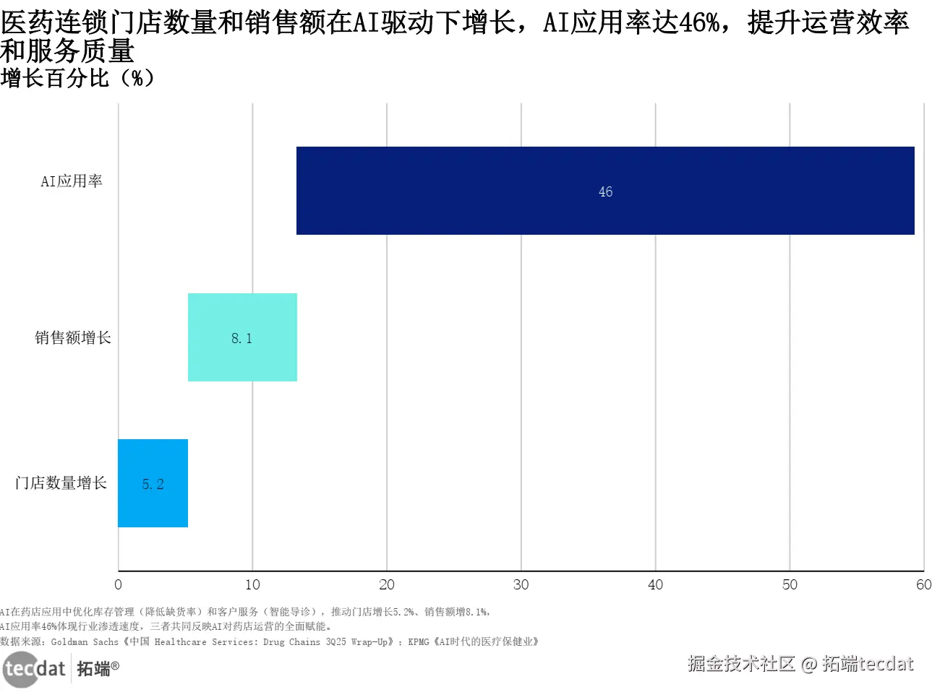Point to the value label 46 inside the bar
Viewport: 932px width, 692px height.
click(605, 192)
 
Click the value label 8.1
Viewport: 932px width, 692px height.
click(241, 338)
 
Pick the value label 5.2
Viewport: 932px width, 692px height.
click(153, 484)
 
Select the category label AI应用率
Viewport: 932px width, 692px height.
click(72, 181)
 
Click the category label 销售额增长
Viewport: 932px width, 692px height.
click(73, 337)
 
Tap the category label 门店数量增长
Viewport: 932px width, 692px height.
click(61, 483)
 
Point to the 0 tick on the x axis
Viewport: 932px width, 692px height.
click(119, 584)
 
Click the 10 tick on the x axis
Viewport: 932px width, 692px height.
click(252, 584)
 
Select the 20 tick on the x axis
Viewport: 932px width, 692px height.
click(387, 584)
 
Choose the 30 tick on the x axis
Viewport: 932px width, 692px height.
click(521, 584)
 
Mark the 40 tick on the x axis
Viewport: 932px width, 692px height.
click(655, 584)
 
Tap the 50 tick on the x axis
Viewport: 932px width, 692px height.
click(790, 584)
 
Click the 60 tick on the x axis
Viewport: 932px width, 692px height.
click(923, 584)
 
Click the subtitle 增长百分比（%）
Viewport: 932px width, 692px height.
click(77, 78)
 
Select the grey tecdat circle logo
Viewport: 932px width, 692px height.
click(20, 669)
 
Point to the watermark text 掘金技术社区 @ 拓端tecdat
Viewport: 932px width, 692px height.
click(800, 663)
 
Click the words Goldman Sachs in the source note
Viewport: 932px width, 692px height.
click(85, 641)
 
